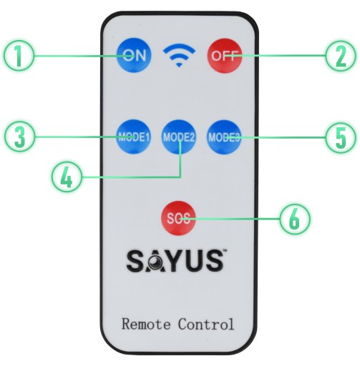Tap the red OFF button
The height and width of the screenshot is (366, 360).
[x=225, y=56]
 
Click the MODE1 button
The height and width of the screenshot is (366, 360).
[x=133, y=137]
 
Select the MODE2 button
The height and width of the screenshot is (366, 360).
[x=179, y=137]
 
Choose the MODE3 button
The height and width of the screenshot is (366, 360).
[x=224, y=137]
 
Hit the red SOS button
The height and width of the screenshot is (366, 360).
[x=178, y=218]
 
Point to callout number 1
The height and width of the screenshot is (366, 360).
[x=19, y=56]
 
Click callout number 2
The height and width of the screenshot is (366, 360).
[x=341, y=56]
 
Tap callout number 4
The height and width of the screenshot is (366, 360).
[x=67, y=177]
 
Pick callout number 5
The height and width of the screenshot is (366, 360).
[x=341, y=137]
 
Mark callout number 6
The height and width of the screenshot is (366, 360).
[x=295, y=219]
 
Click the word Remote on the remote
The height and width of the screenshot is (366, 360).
[x=146, y=324]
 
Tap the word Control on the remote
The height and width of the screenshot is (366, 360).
[x=206, y=324]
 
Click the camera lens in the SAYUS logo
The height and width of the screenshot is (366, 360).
[x=156, y=262]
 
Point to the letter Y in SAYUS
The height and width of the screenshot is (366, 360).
[x=174, y=261]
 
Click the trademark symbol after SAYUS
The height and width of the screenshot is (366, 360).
[x=225, y=251]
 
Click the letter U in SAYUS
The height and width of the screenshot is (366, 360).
[x=195, y=262]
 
